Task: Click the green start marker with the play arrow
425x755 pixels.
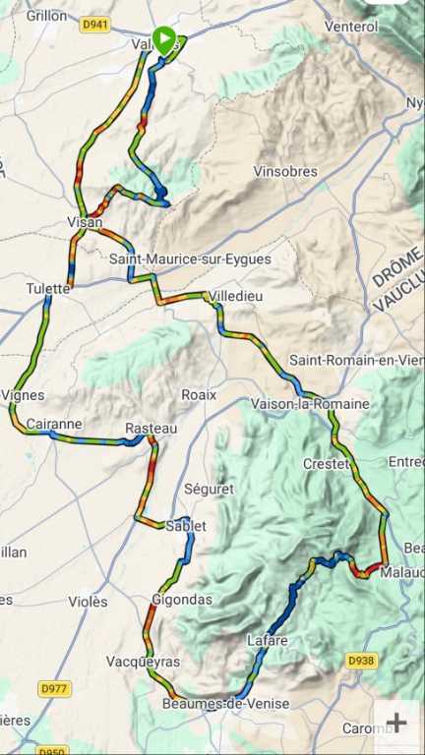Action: [165, 38]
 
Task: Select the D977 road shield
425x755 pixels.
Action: [54, 689]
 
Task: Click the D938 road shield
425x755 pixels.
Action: [361, 662]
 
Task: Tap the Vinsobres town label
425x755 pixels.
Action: [285, 171]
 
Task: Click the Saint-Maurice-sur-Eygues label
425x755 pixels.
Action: [190, 260]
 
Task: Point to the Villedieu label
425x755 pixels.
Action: [236, 296]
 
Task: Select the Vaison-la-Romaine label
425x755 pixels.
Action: [310, 404]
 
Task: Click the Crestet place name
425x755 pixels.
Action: [326, 463]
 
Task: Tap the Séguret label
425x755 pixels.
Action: [209, 488]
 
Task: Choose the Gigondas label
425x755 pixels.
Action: [182, 599]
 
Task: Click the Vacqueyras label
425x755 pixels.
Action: [143, 662]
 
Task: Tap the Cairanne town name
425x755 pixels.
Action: [54, 425]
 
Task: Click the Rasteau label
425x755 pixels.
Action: [152, 429]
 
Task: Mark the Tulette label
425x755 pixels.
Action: [49, 288]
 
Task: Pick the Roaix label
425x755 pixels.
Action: [198, 394]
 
